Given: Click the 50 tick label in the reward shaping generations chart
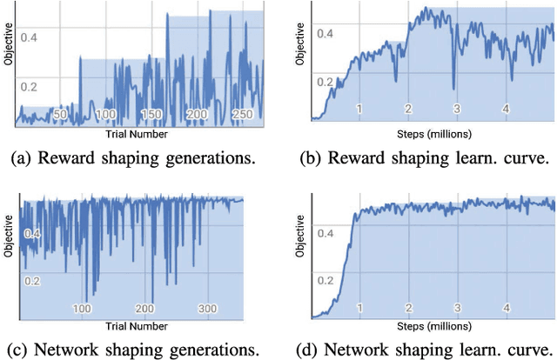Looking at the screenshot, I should (x=60, y=115).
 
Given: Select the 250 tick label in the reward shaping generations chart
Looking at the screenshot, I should (x=244, y=115).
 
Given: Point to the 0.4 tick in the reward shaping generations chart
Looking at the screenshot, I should (x=29, y=37).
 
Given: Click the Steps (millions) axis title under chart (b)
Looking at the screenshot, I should (x=432, y=134).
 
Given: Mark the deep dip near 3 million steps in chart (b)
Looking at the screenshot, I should (x=453, y=86).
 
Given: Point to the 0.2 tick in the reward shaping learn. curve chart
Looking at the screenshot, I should (x=325, y=82).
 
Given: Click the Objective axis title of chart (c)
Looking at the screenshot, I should (x=8, y=252).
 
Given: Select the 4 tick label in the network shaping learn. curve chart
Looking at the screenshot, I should (x=506, y=308).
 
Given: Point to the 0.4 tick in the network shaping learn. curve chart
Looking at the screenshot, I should (x=325, y=233).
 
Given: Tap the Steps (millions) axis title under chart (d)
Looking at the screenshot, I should (x=432, y=327).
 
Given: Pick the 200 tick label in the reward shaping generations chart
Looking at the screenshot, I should (x=198, y=115).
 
